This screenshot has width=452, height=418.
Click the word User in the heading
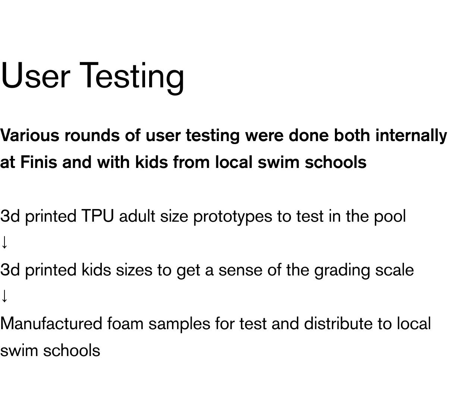[35, 75]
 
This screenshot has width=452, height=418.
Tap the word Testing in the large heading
[132, 78]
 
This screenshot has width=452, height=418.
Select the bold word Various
[30, 135]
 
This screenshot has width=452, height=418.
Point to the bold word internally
[411, 136]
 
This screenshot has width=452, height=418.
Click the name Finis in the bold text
[39, 162]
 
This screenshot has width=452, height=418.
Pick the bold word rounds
[92, 135]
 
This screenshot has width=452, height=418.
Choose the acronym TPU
[97, 216]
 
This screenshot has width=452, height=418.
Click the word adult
[137, 216]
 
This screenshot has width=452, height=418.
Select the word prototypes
[233, 216]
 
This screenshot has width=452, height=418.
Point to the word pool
[390, 216]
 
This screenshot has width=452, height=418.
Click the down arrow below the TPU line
[4, 242]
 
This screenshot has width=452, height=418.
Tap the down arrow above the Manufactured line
[4, 296]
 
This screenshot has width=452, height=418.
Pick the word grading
[342, 270]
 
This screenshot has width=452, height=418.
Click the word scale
[395, 270]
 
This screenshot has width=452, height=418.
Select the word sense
[241, 271]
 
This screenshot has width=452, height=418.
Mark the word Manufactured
[51, 324]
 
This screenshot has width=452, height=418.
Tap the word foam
[125, 324]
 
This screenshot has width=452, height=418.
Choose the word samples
[179, 324]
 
